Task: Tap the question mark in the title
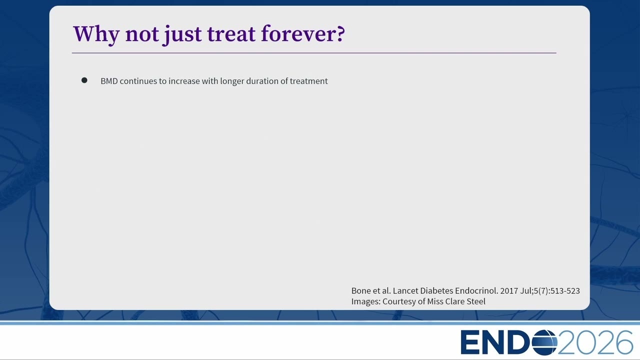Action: tap(340, 34)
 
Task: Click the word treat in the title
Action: tap(231, 34)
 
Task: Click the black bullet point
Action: tap(84, 80)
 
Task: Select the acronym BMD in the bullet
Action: tap(109, 81)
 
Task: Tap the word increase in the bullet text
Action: tap(184, 81)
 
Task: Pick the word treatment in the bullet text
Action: tap(308, 81)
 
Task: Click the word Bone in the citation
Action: tap(361, 291)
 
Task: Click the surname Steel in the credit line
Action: tap(476, 301)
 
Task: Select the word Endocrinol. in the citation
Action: tap(476, 291)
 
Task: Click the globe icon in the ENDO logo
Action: tap(544, 342)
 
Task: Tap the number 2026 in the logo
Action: tap(595, 342)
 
